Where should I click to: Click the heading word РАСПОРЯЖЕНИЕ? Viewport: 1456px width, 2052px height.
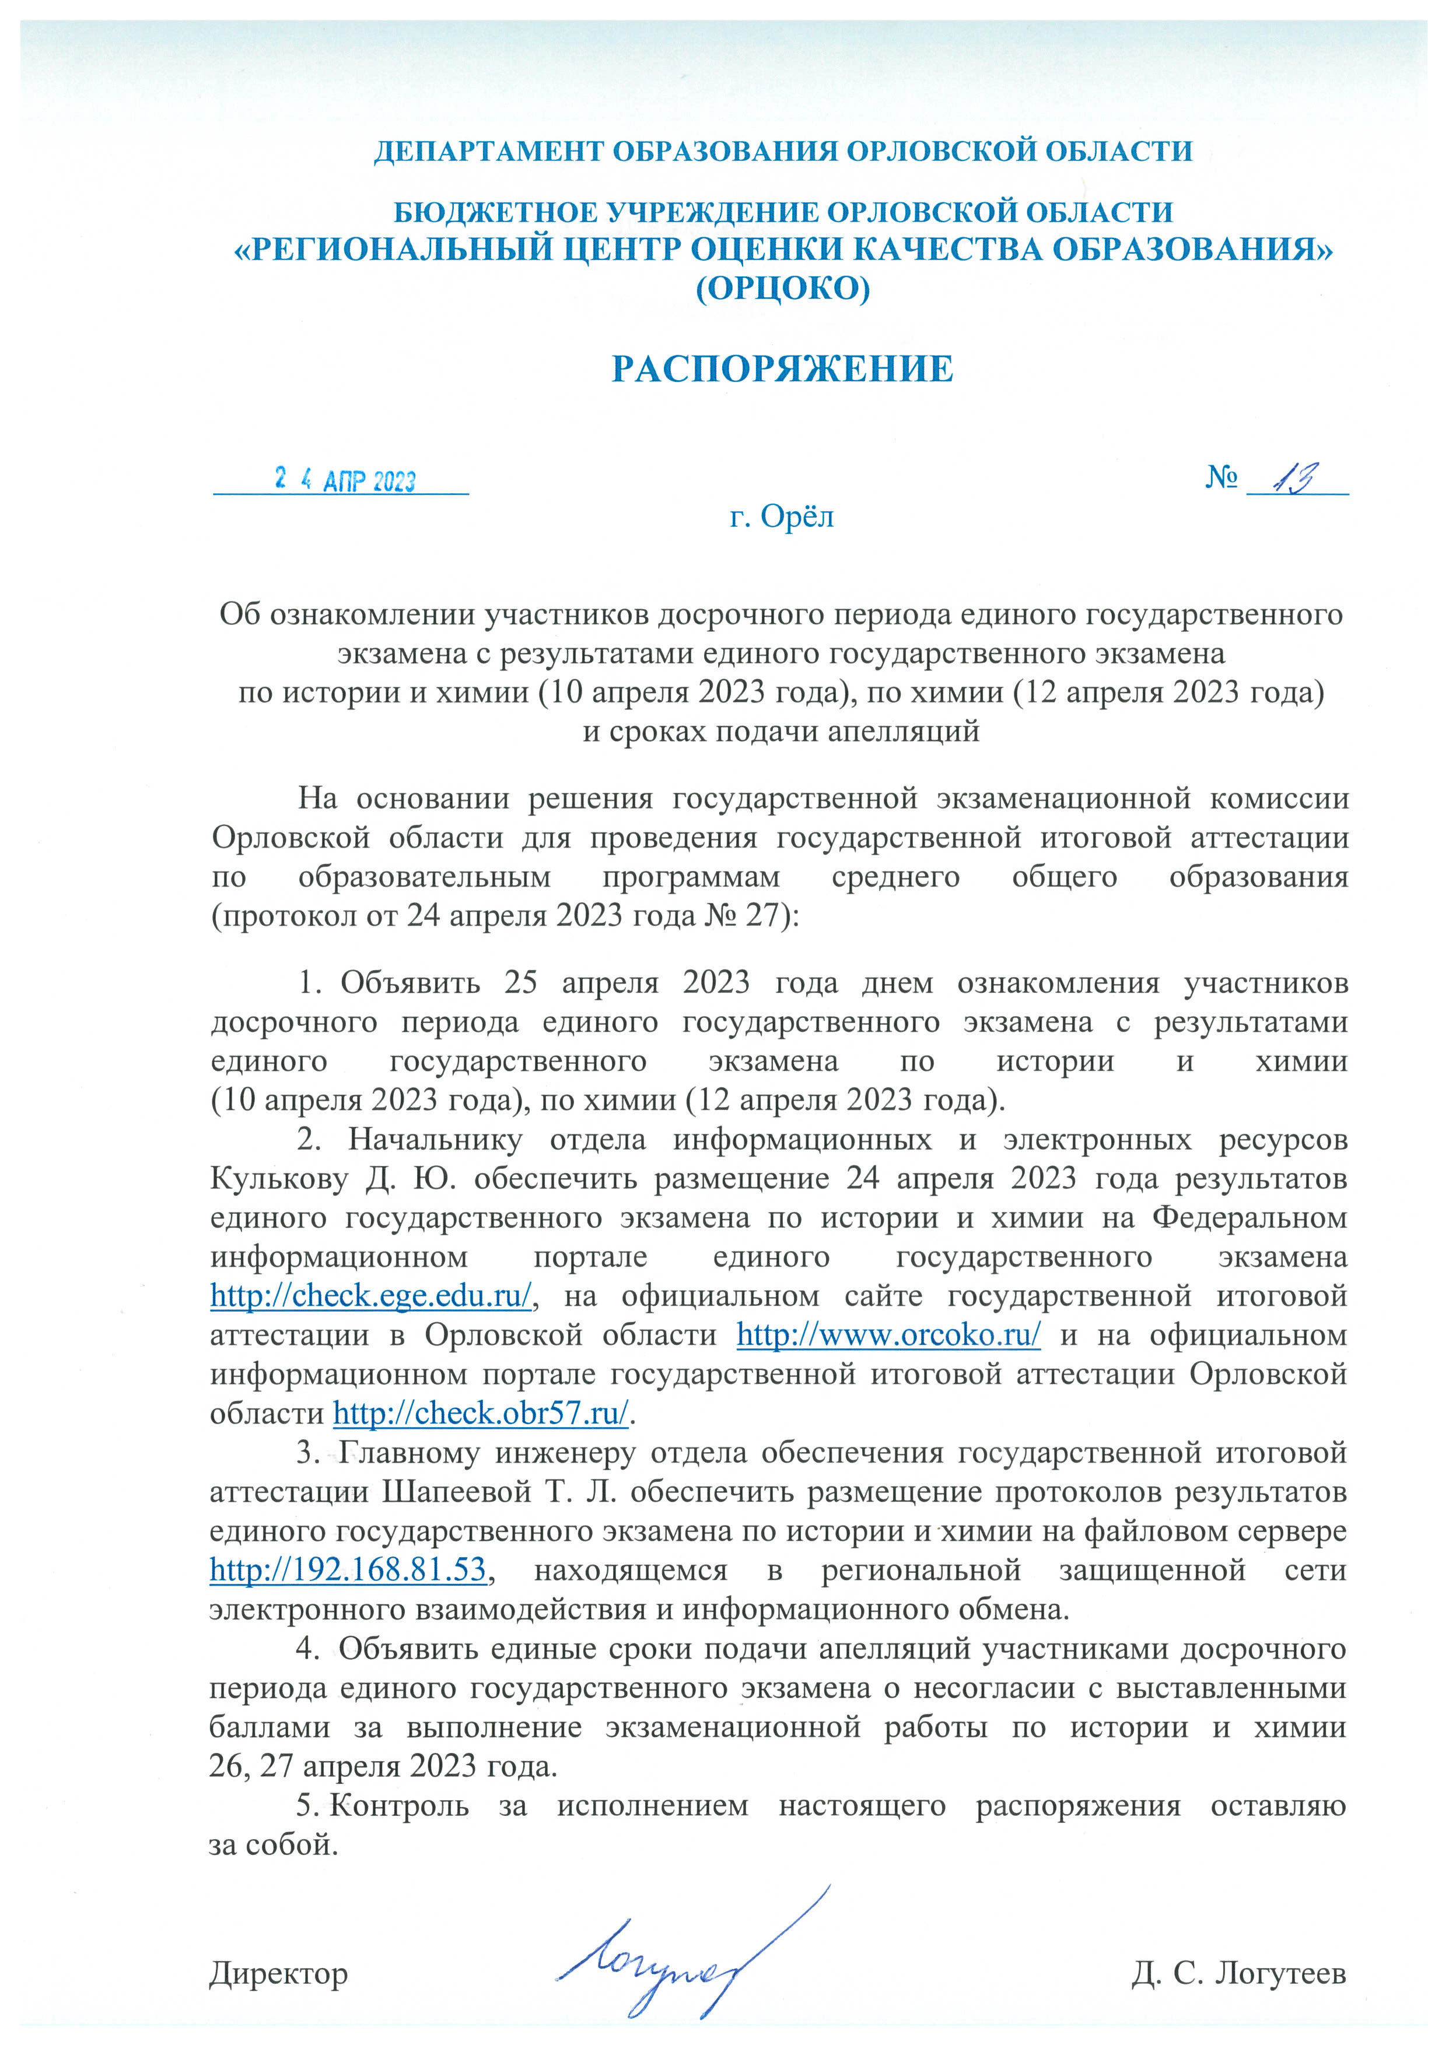pyautogui.click(x=782, y=369)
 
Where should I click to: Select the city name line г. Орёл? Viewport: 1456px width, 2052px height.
pyautogui.click(x=782, y=517)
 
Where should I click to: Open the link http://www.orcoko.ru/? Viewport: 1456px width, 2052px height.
pyautogui.click(x=888, y=1335)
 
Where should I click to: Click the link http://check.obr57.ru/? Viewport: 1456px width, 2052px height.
pyautogui.click(x=481, y=1413)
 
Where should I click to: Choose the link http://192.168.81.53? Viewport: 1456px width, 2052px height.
pyautogui.click(x=348, y=1570)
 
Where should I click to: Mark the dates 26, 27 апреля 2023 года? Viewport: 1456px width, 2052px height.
pyautogui.click(x=383, y=1767)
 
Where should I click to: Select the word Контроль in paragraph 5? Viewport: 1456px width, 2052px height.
pyautogui.click(x=400, y=1805)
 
